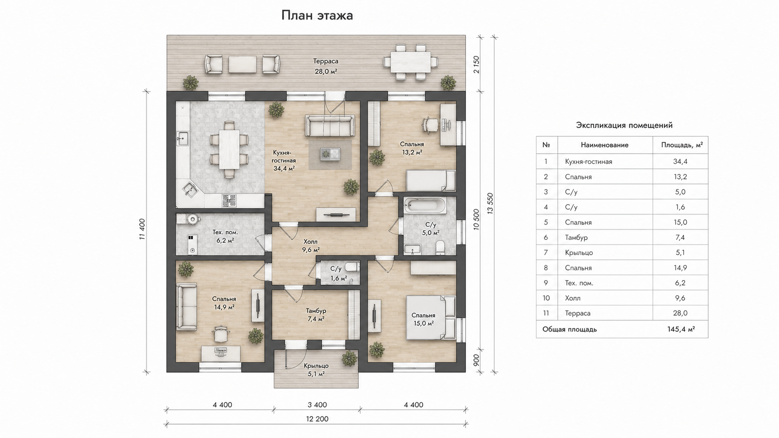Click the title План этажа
317,16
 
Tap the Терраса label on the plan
326,61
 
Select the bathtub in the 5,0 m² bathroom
425,206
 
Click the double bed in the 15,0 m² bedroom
430,317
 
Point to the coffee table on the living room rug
330,154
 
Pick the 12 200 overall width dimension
317,419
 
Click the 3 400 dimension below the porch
317,404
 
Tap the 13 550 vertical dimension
490,203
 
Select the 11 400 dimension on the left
142,229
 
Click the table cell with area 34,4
680,162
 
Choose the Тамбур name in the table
576,237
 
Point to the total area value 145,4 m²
681,329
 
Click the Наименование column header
604,145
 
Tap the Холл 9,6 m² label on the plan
311,246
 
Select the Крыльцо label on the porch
316,366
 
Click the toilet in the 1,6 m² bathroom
352,267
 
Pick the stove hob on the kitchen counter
229,201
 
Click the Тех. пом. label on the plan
225,232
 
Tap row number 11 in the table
546,313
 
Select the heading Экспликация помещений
624,125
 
